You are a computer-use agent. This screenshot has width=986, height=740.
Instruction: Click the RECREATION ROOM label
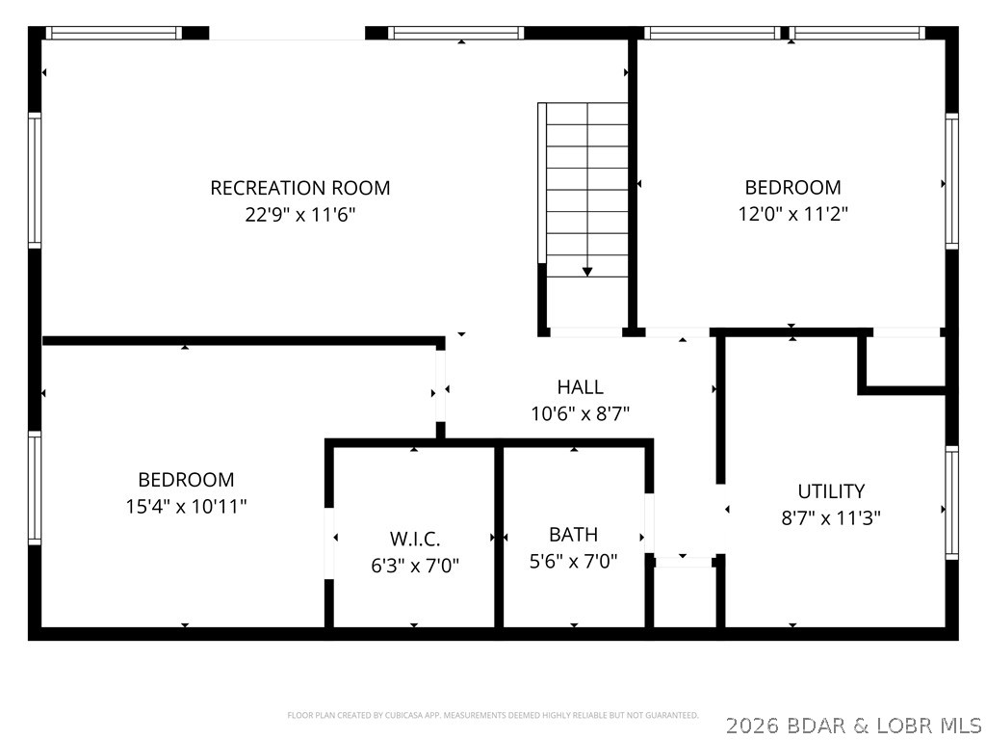300,188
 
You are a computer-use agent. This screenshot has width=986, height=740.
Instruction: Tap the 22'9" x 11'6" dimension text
300,215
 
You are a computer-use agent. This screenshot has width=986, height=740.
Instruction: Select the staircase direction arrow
587,272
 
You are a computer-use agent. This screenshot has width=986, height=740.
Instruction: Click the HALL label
581,387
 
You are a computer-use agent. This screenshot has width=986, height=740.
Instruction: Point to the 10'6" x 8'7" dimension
581,414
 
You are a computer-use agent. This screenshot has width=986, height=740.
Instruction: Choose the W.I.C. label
415,539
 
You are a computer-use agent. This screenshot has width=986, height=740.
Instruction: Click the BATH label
573,535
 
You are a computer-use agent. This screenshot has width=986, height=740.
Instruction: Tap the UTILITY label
831,491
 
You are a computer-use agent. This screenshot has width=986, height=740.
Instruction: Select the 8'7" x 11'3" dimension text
831,518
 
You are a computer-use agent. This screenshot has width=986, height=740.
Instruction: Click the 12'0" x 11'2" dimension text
792,215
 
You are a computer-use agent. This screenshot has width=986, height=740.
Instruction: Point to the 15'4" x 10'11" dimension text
186,507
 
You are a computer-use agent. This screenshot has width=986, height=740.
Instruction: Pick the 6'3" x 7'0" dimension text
415,566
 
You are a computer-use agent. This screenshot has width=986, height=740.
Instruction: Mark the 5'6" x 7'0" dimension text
573,562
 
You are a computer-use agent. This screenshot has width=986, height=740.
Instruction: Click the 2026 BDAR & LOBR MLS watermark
853,725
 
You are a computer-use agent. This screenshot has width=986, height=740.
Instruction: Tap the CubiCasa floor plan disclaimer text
493,715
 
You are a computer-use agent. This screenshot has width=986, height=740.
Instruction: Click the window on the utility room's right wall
951,503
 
